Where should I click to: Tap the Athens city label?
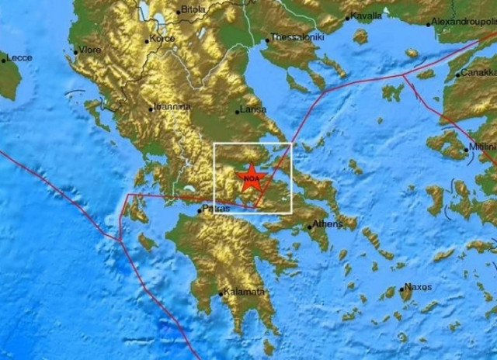[x=325, y=226]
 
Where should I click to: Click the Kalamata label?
[x=243, y=292]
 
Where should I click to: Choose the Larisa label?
[x=254, y=110]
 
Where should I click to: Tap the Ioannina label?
[x=173, y=107]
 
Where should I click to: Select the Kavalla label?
[x=366, y=15]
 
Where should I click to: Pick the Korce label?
[x=163, y=38]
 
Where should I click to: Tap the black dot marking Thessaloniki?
[x=267, y=39]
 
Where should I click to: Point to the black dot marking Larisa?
[x=238, y=112]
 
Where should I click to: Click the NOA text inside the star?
[x=250, y=180]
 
